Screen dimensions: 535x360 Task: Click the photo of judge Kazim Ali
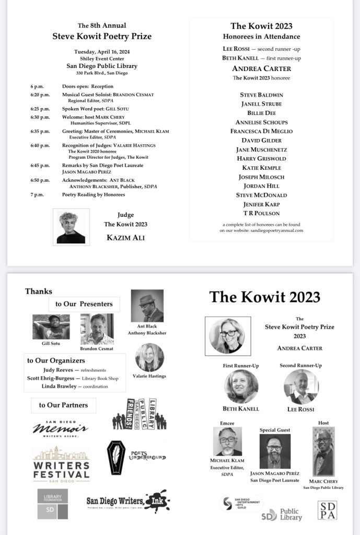pyautogui.click(x=71, y=227)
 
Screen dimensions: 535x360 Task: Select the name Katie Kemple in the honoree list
pyautogui.click(x=261, y=168)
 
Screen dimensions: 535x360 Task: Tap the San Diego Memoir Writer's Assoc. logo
pyautogui.click(x=60, y=428)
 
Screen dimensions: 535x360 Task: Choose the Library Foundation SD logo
pyautogui.click(x=52, y=504)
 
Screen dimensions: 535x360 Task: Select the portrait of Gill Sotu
pyautogui.click(x=51, y=327)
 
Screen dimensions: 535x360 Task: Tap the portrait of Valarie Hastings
pyautogui.click(x=149, y=358)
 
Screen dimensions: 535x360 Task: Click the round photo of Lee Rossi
pyautogui.click(x=301, y=386)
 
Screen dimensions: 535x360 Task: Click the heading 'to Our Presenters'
pyautogui.click(x=84, y=304)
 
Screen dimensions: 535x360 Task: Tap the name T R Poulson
pyautogui.click(x=261, y=213)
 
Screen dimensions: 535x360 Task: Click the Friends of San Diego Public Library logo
pyautogui.click(x=140, y=414)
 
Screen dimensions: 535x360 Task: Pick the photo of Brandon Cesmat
pyautogui.click(x=97, y=329)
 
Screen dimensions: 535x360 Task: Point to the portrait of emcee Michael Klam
pyautogui.click(x=227, y=441)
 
